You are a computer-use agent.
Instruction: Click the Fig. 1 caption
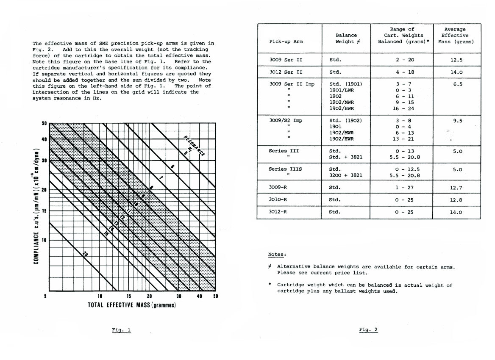(x=122, y=330)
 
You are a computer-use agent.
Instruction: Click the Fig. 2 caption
(x=368, y=330)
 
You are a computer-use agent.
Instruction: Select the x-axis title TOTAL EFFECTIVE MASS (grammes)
(x=131, y=305)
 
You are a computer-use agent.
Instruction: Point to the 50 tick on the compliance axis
(x=44, y=124)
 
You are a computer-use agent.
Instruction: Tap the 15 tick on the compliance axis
(x=44, y=211)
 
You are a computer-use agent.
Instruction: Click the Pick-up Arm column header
(x=286, y=42)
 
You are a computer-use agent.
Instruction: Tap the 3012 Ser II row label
(x=285, y=72)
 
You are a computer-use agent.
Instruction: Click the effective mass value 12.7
(x=456, y=187)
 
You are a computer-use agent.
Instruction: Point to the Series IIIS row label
(x=285, y=169)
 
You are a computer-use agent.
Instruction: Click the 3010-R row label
(x=278, y=199)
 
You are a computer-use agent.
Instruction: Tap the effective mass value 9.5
(x=456, y=121)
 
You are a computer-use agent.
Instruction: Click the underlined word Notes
(x=277, y=255)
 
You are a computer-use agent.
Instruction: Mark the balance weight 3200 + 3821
(x=346, y=175)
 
